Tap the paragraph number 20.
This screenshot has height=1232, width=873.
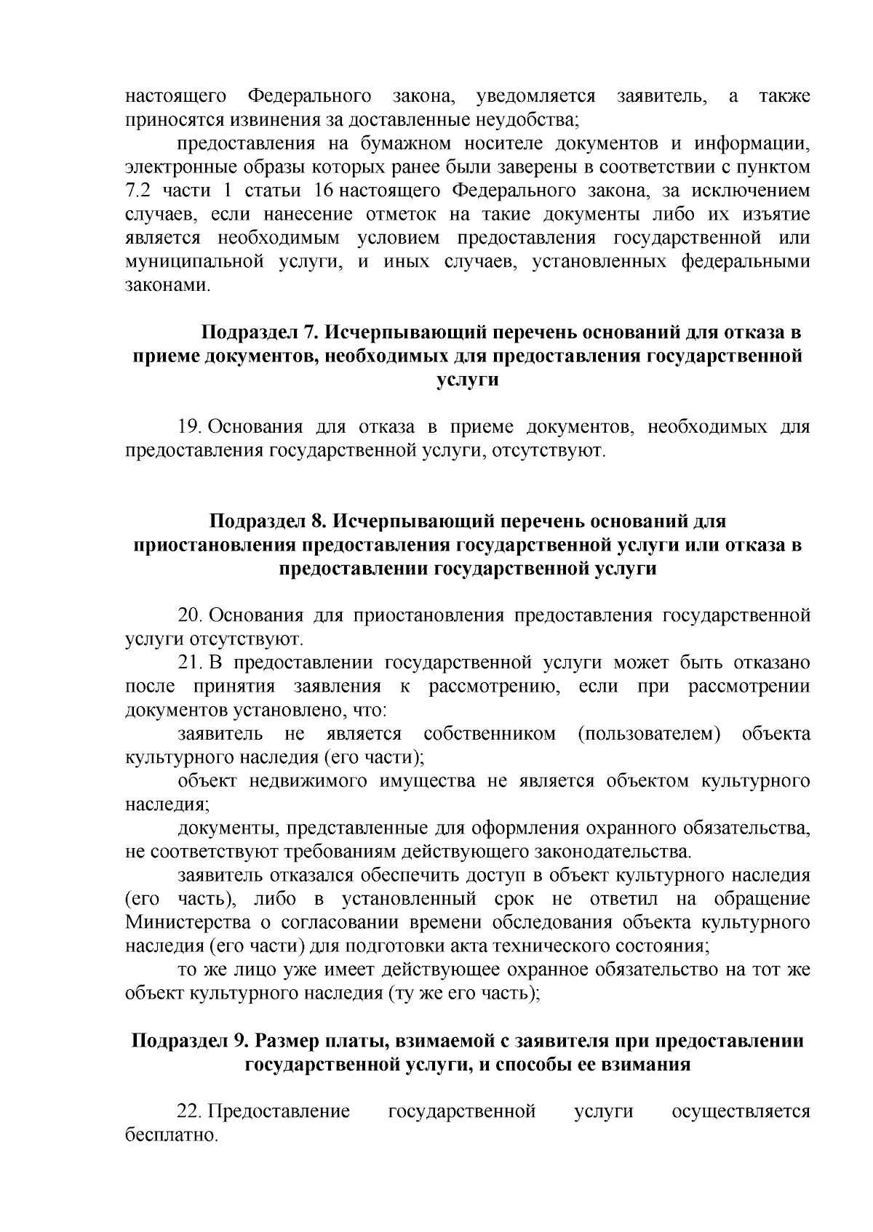pyautogui.click(x=191, y=615)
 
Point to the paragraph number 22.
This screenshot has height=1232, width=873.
pyautogui.click(x=191, y=1111)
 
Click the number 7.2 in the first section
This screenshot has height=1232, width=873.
pyautogui.click(x=137, y=191)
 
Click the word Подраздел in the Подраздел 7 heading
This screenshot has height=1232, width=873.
pyautogui.click(x=249, y=333)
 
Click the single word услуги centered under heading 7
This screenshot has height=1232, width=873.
pyautogui.click(x=467, y=380)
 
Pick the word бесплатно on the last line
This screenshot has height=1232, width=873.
pyautogui.click(x=171, y=1135)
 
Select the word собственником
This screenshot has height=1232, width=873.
pyautogui.click(x=490, y=734)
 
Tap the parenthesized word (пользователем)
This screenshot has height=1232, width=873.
pyautogui.click(x=649, y=734)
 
